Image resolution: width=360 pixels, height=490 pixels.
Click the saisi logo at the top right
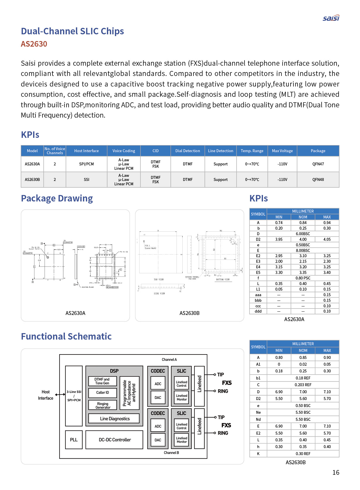pyautogui.click(x=331, y=18)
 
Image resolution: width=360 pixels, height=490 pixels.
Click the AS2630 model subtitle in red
pyautogui.click(x=34, y=44)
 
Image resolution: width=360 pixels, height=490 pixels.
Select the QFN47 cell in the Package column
pyautogui.click(x=318, y=164)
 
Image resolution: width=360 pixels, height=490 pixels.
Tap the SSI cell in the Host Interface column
pyautogui.click(x=86, y=180)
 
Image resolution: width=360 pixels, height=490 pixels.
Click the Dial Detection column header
pyautogui.click(x=188, y=151)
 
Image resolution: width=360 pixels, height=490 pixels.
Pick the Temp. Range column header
pyautogui.click(x=252, y=151)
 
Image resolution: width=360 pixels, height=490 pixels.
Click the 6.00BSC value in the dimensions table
pyautogui.click(x=303, y=234)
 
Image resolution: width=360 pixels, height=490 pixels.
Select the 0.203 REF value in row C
pyautogui.click(x=303, y=385)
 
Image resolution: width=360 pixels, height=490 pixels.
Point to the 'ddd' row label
pyautogui.click(x=258, y=311)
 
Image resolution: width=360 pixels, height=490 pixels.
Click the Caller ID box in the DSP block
pyautogui.click(x=102, y=393)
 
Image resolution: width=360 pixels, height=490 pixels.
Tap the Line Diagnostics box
pyautogui.click(x=115, y=419)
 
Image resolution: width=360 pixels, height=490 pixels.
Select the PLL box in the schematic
pyautogui.click(x=74, y=440)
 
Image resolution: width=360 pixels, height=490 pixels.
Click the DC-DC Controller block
pyautogui.click(x=115, y=440)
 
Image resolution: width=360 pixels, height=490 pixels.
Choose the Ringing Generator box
pyautogui.click(x=103, y=406)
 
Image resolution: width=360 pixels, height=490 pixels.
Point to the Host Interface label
pyautogui.click(x=45, y=395)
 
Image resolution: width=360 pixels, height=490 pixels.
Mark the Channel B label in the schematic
pyautogui.click(x=171, y=453)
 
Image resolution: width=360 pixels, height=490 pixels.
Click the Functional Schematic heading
pyautogui.click(x=66, y=336)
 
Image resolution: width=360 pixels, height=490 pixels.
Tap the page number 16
pyautogui.click(x=336, y=472)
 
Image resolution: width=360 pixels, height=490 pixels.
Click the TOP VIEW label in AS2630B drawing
pyautogui.click(x=159, y=280)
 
